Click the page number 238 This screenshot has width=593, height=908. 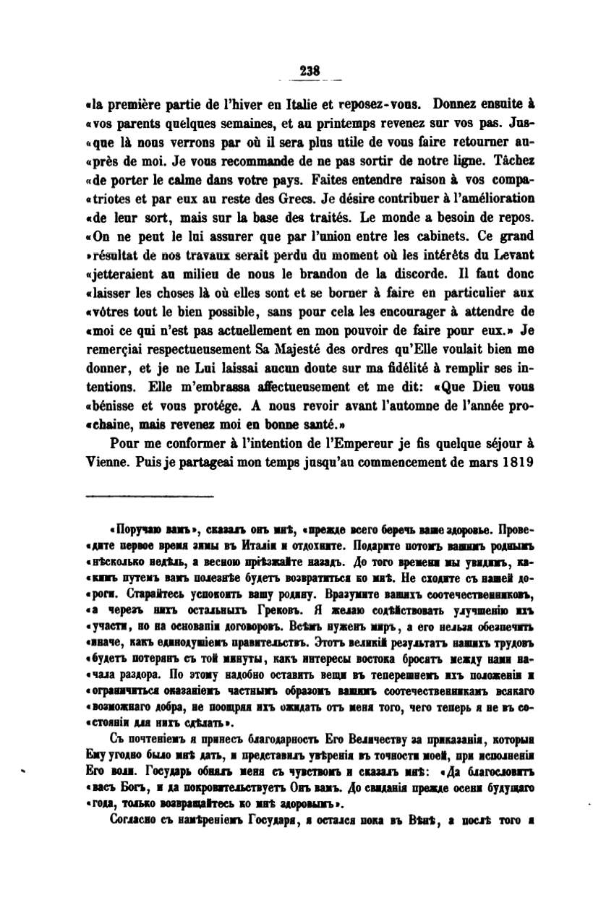(x=309, y=71)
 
